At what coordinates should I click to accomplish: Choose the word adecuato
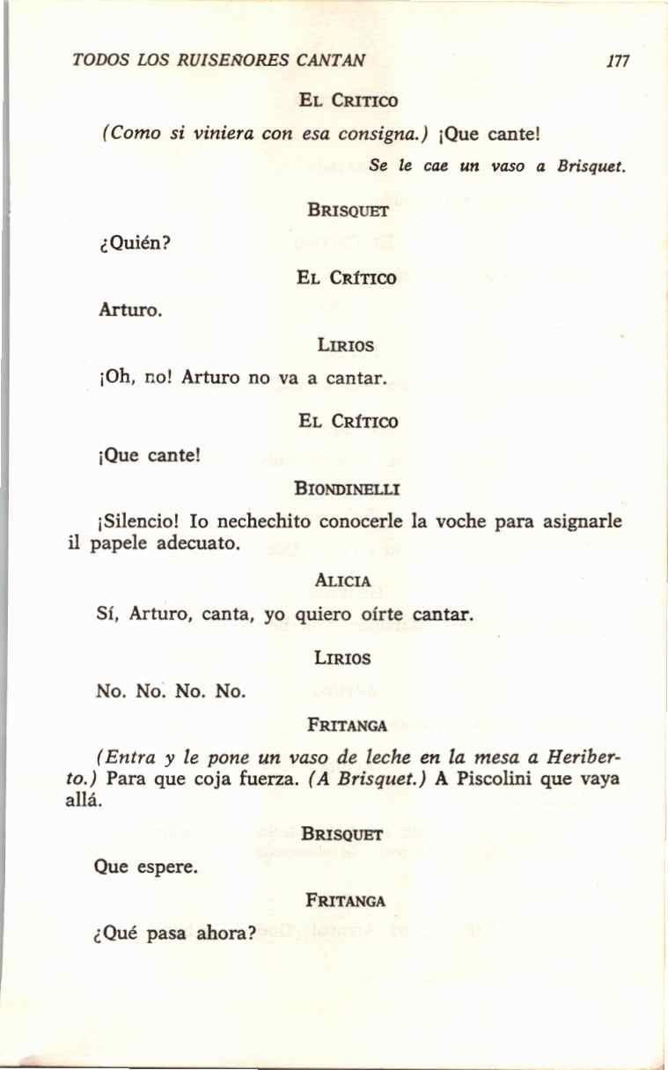click(x=199, y=543)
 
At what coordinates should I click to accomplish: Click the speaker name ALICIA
click(x=341, y=580)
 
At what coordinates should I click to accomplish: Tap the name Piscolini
click(x=498, y=779)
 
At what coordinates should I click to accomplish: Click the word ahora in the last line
click(x=218, y=933)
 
